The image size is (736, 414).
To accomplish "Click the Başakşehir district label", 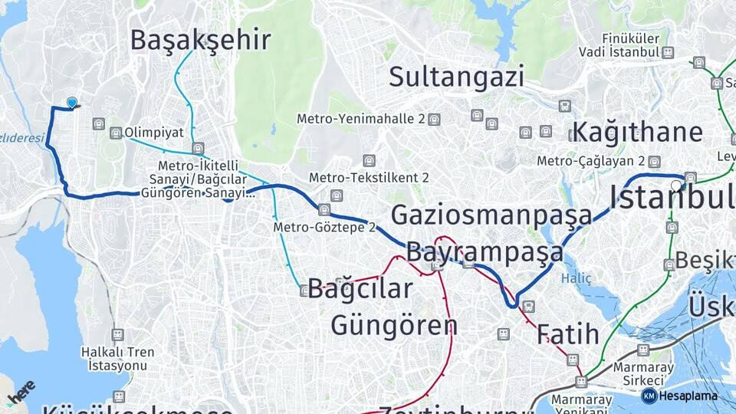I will [x=201, y=39].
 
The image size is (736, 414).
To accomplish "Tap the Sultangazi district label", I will [x=456, y=77].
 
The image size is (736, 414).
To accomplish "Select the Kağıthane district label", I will [x=637, y=132].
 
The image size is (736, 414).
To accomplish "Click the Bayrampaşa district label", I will [x=485, y=251].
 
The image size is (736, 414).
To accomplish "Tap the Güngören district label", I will [x=394, y=325].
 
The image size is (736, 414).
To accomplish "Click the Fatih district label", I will [x=567, y=334].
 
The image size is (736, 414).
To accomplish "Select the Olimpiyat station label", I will [x=153, y=133].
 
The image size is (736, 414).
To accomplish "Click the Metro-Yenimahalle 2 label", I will [x=361, y=120].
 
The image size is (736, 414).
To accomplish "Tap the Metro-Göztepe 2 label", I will [x=324, y=227].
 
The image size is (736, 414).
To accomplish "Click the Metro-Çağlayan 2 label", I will [x=590, y=161].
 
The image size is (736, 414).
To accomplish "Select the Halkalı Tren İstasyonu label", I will [x=117, y=358].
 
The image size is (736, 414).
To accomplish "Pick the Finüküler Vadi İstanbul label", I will [x=630, y=45].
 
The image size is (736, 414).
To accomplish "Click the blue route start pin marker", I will [x=72, y=103].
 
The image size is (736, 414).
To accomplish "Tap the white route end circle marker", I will [x=676, y=185].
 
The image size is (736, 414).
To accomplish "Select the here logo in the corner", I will [x=21, y=392].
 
